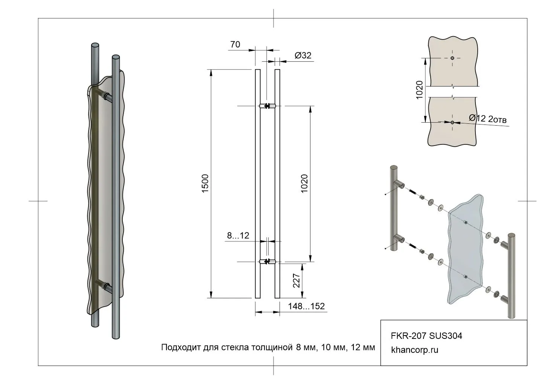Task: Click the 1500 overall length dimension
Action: click(205, 184)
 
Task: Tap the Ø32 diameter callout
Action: click(303, 55)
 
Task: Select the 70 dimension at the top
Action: click(235, 44)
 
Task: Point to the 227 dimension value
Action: click(296, 281)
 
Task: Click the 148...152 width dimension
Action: click(306, 306)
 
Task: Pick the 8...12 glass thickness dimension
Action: click(238, 236)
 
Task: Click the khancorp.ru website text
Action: click(415, 350)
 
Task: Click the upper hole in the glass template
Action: click(452, 58)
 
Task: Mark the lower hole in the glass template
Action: click(452, 122)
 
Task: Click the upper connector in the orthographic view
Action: click(267, 106)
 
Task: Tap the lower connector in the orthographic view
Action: click(267, 261)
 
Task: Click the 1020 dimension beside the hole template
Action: click(420, 90)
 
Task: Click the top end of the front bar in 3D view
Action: click(116, 58)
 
